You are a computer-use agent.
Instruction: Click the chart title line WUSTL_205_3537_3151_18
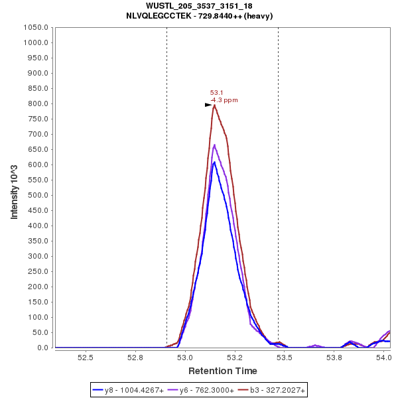point(199,6)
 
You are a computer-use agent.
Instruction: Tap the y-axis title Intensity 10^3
point(14,188)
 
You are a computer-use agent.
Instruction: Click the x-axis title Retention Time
point(223,371)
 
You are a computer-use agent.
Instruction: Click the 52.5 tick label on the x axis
point(86,358)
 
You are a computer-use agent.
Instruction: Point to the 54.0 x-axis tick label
point(383,358)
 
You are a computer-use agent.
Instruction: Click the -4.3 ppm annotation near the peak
point(224,100)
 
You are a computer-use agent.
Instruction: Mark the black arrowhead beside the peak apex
point(208,105)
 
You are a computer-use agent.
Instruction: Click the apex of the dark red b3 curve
point(214,105)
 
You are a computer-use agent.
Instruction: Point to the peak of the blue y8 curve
point(214,162)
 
